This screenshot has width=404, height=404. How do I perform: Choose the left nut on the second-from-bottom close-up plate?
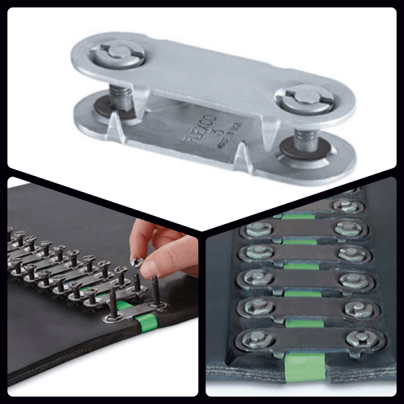258,306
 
